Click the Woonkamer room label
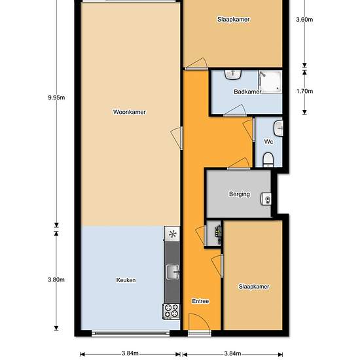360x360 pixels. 130,112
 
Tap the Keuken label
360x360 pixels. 126,280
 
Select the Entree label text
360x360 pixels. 200,301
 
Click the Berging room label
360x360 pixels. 240,194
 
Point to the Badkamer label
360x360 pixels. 247,92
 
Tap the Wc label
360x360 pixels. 268,141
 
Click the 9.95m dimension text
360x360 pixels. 56,98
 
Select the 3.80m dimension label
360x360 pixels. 56,279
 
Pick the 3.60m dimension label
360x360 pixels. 304,20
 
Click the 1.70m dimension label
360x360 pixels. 304,91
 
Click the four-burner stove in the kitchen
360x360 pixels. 171,312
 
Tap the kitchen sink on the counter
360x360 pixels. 173,272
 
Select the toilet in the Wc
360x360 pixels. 268,160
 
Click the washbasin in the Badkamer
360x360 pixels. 233,75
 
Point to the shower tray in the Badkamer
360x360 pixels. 271,82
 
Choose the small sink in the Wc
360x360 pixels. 278,128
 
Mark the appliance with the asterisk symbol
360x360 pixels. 172,234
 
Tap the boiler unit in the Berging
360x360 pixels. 266,199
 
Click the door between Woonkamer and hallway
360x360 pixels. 177,138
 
